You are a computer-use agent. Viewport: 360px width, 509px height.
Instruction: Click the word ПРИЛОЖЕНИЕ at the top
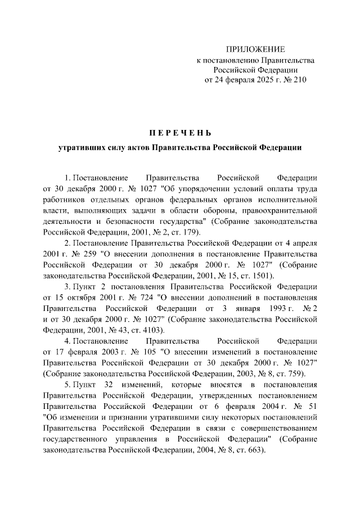point(256,49)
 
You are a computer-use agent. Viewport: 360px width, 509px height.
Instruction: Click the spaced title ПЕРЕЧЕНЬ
point(179,133)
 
